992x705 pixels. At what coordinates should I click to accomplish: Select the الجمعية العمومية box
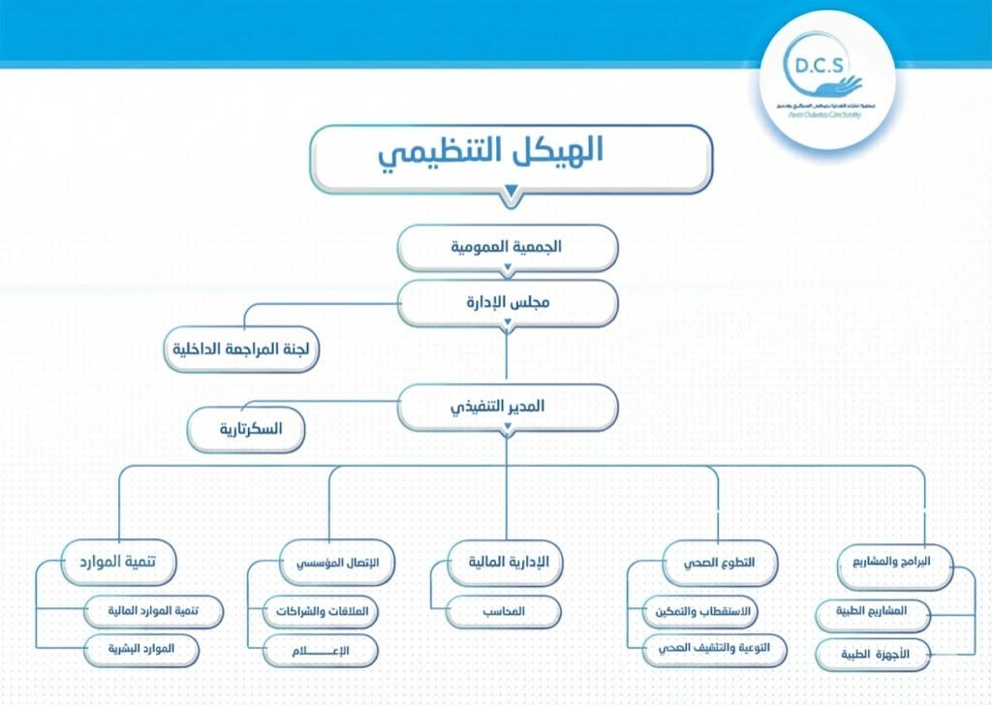tap(508, 247)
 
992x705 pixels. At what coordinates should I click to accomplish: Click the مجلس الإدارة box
tap(508, 302)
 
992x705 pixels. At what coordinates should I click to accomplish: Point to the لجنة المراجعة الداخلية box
tap(241, 351)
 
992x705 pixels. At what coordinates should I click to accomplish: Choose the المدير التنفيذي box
tap(508, 407)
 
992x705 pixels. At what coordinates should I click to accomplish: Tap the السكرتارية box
tap(246, 430)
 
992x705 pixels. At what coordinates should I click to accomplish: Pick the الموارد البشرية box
tap(139, 650)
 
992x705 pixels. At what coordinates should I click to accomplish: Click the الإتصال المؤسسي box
tap(329, 563)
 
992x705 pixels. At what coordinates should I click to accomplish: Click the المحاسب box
tap(504, 612)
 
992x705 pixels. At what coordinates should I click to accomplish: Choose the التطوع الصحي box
tap(720, 563)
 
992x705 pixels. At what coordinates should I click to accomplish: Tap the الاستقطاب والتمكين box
tap(700, 612)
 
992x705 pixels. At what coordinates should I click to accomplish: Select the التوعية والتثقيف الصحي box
tap(714, 650)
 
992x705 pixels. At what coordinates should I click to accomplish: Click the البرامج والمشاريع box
tap(895, 563)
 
